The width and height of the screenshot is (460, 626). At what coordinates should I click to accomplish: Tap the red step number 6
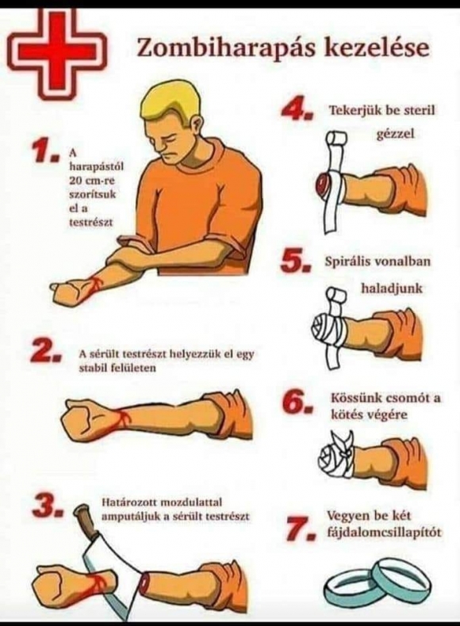297,402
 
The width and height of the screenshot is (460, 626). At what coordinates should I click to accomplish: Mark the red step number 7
297,529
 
